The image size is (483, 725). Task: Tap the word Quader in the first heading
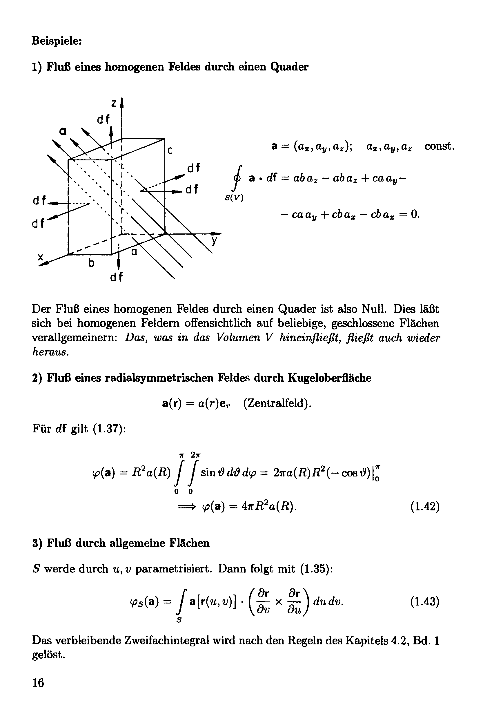click(289, 67)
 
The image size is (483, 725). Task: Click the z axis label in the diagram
click(114, 103)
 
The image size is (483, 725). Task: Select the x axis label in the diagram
click(40, 257)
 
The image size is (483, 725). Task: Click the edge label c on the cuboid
click(170, 150)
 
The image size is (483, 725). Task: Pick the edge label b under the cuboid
click(91, 263)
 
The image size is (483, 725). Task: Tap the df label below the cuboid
click(117, 277)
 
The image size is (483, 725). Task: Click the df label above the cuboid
click(104, 119)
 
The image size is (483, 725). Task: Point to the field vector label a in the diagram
click(63, 131)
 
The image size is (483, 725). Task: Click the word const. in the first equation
click(440, 146)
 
